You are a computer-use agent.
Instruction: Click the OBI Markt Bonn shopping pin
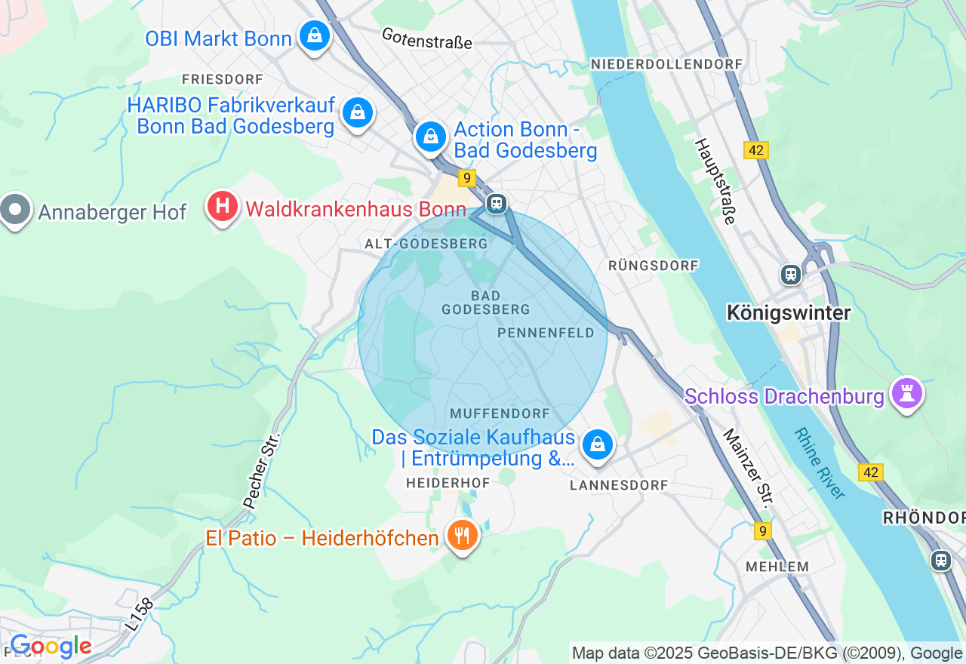pyautogui.click(x=314, y=35)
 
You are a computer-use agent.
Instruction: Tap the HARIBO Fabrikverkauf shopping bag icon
pyautogui.click(x=357, y=112)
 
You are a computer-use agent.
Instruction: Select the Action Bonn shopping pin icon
pyautogui.click(x=430, y=137)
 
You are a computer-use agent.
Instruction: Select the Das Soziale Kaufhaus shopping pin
pyautogui.click(x=598, y=444)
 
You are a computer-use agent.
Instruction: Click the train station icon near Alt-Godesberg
pyautogui.click(x=496, y=203)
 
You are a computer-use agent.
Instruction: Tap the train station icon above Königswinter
pyautogui.click(x=791, y=274)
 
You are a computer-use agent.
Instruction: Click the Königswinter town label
pyautogui.click(x=789, y=312)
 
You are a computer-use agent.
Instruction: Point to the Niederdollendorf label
pyautogui.click(x=667, y=64)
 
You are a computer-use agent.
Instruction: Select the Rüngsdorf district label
pyautogui.click(x=654, y=266)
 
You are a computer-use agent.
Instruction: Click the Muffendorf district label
pyautogui.click(x=500, y=413)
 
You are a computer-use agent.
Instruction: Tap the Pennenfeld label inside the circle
pyautogui.click(x=546, y=333)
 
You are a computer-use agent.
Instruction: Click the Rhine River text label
pyautogui.click(x=820, y=463)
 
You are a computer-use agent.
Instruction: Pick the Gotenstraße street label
pyautogui.click(x=427, y=38)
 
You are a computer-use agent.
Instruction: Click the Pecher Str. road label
pyautogui.click(x=261, y=470)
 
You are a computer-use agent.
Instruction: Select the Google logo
pyautogui.click(x=51, y=647)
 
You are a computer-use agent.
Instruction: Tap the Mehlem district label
pyautogui.click(x=777, y=566)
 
